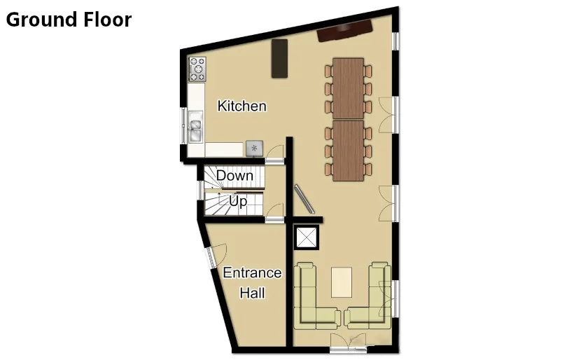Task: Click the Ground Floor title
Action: coord(69,20)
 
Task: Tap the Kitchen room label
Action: coord(241,106)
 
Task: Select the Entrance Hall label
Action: coord(252,282)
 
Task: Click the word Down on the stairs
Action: coord(234,175)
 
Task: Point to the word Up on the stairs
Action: coord(238,202)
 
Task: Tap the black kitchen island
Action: coord(279,58)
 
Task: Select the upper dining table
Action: coord(348,88)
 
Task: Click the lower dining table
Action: coord(348,151)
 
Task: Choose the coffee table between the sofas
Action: coord(342,282)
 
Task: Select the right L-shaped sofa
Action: coord(372,297)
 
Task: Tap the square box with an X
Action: coord(307,238)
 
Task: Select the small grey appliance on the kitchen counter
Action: coord(254,148)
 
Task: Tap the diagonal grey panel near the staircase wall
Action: coord(304,200)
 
